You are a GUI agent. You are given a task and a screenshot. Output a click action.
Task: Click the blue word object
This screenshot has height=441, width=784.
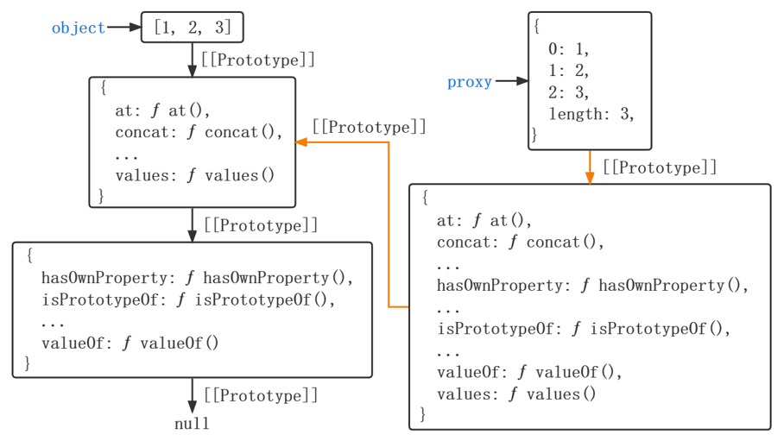coord(78,28)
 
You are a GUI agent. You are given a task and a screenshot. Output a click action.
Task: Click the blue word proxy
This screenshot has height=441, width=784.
coord(469,82)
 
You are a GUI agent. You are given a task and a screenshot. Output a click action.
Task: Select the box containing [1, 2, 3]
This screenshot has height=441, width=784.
coord(192,28)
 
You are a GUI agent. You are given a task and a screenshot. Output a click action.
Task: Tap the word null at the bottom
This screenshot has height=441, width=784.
coord(192,424)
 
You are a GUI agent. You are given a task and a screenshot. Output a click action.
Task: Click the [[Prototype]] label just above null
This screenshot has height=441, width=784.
coord(261,395)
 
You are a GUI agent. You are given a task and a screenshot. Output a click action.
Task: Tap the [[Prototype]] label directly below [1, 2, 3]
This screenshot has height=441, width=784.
coord(257,60)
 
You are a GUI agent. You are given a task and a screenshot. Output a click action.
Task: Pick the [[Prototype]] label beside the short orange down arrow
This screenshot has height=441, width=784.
coord(660,167)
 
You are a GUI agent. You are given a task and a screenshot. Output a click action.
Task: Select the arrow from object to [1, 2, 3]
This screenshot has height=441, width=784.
coord(123,28)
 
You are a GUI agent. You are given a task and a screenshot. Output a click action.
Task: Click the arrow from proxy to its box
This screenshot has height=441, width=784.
coord(511,82)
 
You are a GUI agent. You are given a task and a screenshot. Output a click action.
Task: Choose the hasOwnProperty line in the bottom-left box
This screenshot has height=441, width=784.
coord(198,278)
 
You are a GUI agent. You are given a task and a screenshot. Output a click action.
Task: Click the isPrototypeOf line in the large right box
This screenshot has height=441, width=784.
coord(584,329)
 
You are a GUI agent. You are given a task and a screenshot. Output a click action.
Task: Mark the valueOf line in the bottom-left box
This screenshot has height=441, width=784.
coord(130,343)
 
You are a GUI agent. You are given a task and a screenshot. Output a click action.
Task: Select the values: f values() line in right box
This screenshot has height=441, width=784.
coord(516,394)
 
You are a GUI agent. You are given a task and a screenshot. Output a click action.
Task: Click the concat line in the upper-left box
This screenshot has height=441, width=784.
coord(199,132)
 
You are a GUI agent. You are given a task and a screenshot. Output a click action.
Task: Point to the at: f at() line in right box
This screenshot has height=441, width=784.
coord(484,220)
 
